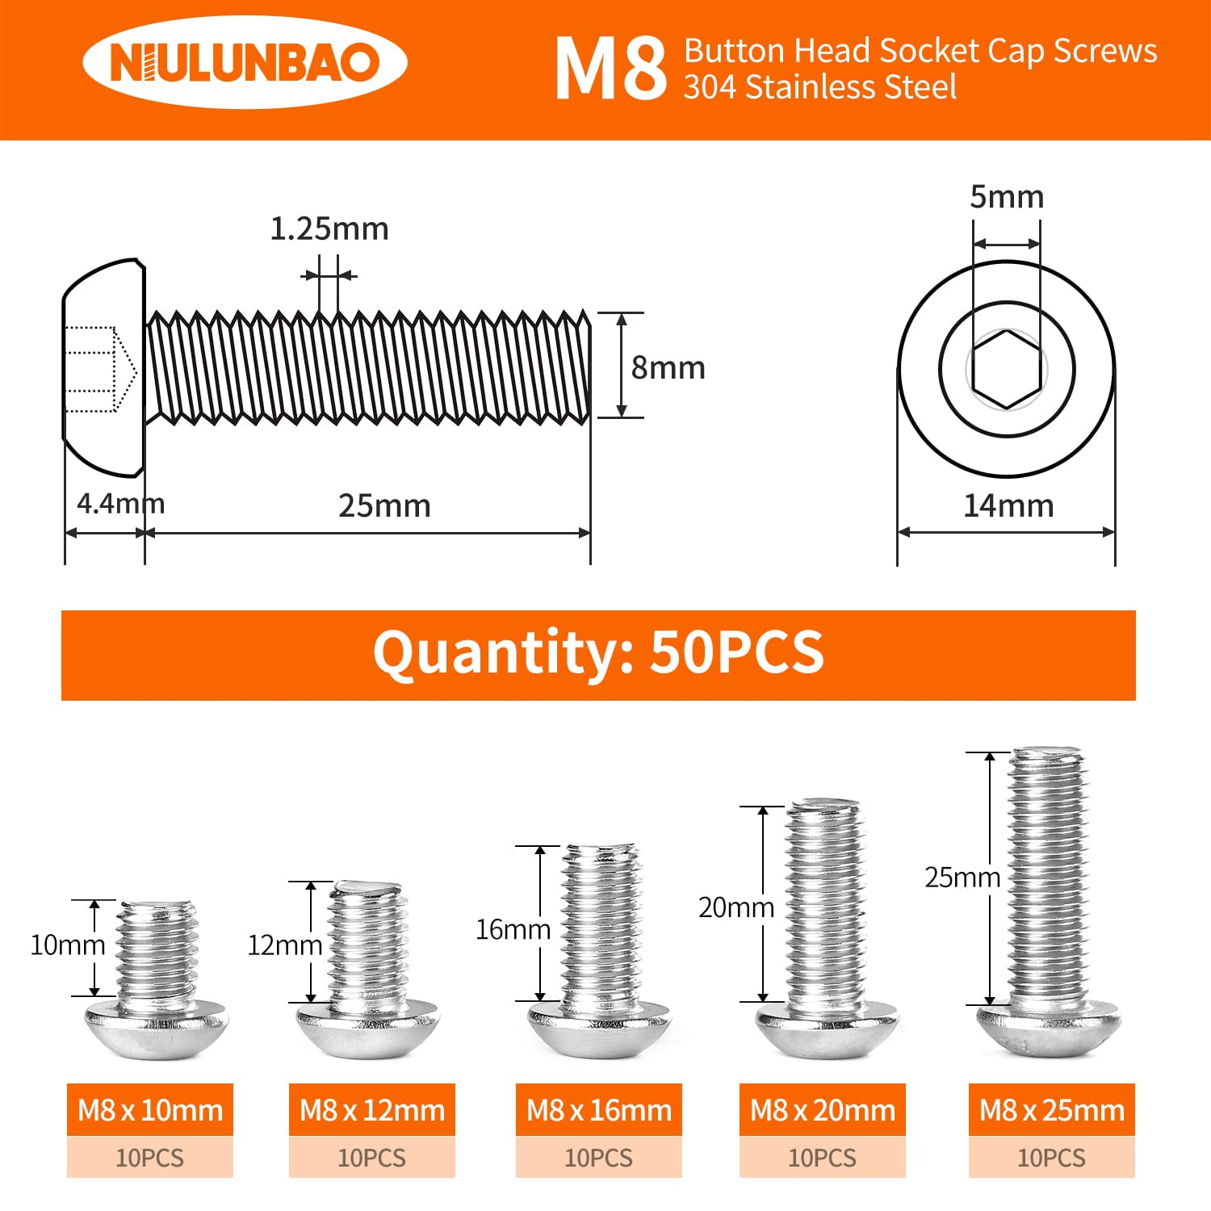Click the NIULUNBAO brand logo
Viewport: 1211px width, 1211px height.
click(x=245, y=63)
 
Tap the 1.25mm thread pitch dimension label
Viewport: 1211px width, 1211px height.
click(x=329, y=229)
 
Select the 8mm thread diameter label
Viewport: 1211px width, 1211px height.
click(x=668, y=368)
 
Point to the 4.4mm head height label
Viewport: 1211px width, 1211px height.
click(x=120, y=504)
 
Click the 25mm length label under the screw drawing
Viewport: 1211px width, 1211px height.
click(x=384, y=506)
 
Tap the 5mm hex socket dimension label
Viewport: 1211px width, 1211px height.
click(x=1006, y=197)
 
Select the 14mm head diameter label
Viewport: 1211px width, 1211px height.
click(x=1008, y=506)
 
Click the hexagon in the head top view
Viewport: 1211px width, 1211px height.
click(x=1006, y=369)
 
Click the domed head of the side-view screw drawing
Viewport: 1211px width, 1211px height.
click(x=101, y=367)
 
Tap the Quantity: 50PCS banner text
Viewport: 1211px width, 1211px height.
click(x=598, y=653)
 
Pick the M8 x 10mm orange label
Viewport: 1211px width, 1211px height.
click(x=150, y=1110)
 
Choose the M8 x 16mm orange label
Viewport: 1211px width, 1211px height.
click(x=599, y=1110)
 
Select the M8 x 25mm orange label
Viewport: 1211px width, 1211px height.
click(x=1051, y=1110)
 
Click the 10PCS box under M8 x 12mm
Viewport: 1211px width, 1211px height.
click(x=372, y=1158)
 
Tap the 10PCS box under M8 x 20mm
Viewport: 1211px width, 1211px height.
click(x=822, y=1158)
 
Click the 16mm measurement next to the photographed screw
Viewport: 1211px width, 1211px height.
click(x=512, y=930)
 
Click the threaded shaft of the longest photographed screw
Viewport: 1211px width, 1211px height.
click(x=1048, y=880)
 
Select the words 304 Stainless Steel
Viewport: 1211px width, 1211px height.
click(x=819, y=87)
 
